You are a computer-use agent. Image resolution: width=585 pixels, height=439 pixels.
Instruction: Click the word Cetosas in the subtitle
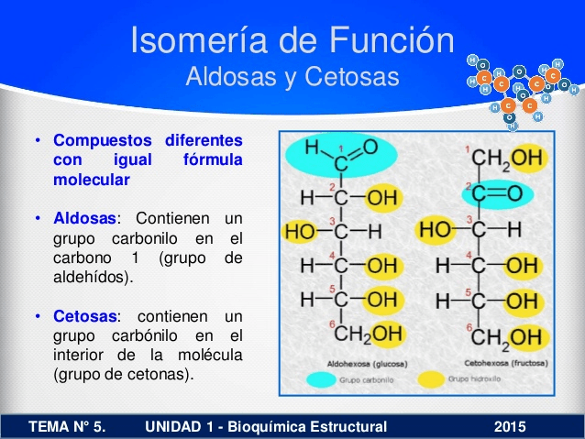coord(358,77)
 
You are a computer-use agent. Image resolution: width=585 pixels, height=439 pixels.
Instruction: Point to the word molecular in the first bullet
coord(91,180)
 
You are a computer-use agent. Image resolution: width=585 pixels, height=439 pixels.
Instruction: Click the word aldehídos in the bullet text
coord(92,276)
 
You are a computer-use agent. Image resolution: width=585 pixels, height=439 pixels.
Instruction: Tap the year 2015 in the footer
coord(510,426)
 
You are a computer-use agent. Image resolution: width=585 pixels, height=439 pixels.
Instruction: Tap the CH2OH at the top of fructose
coord(507,159)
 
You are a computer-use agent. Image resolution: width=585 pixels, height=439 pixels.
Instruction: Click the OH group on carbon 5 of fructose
coord(522,302)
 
